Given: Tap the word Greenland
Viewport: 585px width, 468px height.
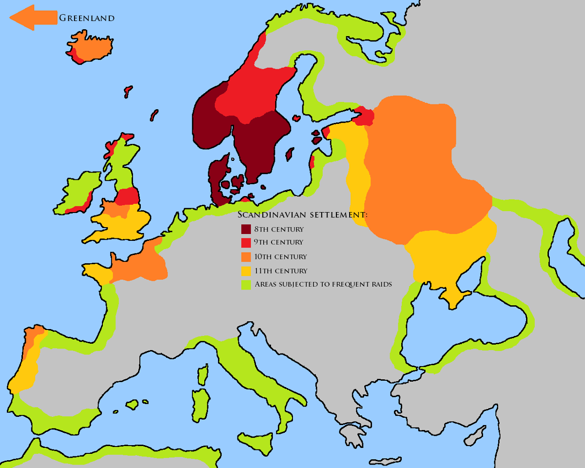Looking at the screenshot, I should (87, 19).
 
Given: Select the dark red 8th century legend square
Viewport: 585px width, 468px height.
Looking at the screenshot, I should (246, 229).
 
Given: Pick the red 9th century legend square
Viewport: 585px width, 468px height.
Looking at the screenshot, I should (246, 243).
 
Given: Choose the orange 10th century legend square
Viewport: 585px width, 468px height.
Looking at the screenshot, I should (246, 257).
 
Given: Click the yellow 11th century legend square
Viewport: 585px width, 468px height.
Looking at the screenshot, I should (246, 271).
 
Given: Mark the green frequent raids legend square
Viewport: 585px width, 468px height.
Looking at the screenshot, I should (246, 285).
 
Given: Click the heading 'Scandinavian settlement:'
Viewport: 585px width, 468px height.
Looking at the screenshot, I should (302, 215).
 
